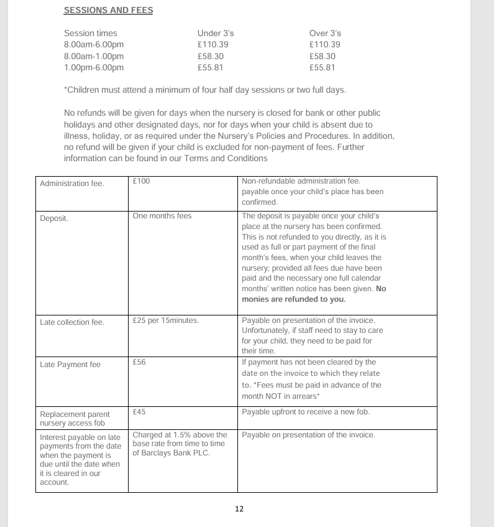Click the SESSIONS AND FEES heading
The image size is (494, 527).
point(109,11)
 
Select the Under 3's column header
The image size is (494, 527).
point(215,33)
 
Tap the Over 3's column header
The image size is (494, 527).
point(325,33)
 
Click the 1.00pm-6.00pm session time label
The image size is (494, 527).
point(94,68)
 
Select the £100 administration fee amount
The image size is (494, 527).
point(142,181)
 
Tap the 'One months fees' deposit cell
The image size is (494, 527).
point(162,216)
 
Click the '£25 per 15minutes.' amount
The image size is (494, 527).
point(165,321)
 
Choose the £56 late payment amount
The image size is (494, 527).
point(139,362)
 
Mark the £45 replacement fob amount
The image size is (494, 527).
point(139,412)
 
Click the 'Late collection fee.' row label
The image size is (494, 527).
point(72,322)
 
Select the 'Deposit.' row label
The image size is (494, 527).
point(54,218)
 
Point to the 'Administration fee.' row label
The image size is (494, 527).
point(72,184)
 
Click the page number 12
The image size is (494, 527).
point(239,509)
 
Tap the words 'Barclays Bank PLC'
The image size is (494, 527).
point(180,452)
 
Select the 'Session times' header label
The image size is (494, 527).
point(90,33)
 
